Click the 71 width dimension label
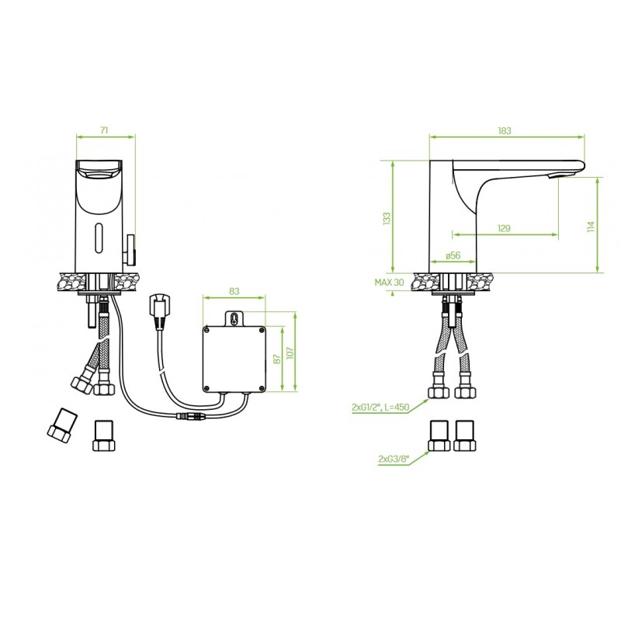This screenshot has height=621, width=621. pos(104,130)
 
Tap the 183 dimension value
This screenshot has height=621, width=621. pos(505,130)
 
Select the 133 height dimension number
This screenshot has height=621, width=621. pos(387,219)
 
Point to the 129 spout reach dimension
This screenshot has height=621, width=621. pos(504,228)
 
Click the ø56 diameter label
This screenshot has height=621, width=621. pos(453,255)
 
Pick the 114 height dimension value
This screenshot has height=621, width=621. pos(592,227)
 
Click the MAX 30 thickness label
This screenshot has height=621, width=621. pos(390,282)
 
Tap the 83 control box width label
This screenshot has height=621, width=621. pos(234,291)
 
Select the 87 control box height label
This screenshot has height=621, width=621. pos(277,359)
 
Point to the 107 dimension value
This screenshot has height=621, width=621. pos(290,353)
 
